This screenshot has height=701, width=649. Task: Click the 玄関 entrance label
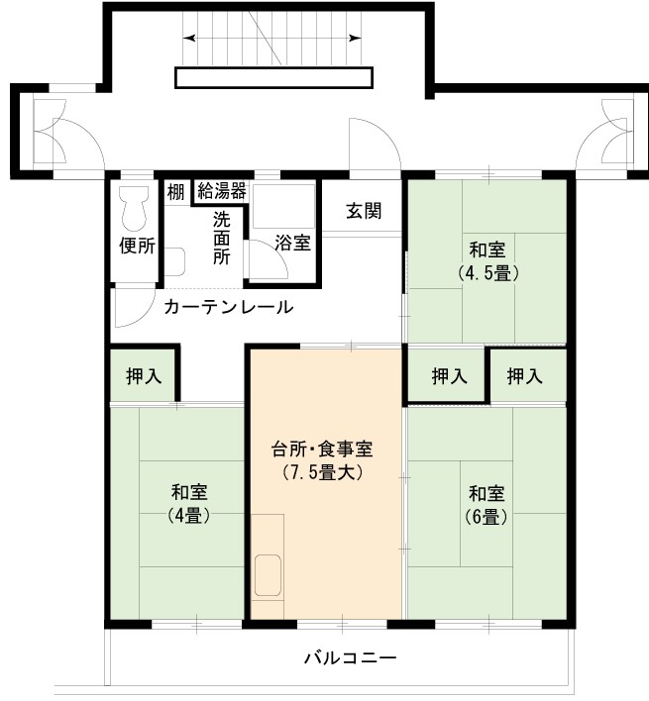click(x=364, y=211)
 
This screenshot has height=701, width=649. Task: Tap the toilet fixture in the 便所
click(x=134, y=208)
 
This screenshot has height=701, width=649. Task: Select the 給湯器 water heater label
click(x=221, y=191)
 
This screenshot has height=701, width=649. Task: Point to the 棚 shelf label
click(x=175, y=192)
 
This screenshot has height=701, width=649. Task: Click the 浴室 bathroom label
click(x=292, y=243)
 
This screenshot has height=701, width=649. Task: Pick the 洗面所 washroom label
click(x=221, y=238)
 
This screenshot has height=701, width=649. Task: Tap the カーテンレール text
click(x=229, y=307)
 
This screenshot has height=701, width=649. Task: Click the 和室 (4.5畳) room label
click(x=487, y=261)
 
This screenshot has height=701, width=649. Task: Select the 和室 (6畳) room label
click(x=487, y=505)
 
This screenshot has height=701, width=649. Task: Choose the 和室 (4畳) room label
click(x=189, y=503)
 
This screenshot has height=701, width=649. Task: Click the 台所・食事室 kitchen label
click(x=322, y=450)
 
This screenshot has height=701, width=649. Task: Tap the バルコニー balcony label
click(x=351, y=658)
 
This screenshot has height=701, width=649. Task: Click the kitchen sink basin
click(x=268, y=575)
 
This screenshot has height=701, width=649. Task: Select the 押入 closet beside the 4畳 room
click(x=143, y=375)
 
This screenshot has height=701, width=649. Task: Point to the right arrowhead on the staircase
click(x=356, y=39)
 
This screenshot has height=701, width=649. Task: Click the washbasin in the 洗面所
click(x=175, y=261)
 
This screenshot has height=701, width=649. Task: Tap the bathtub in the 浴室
click(x=283, y=206)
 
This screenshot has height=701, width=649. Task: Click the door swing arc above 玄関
click(x=384, y=134)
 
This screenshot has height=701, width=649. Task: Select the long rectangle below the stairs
click(x=273, y=78)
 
